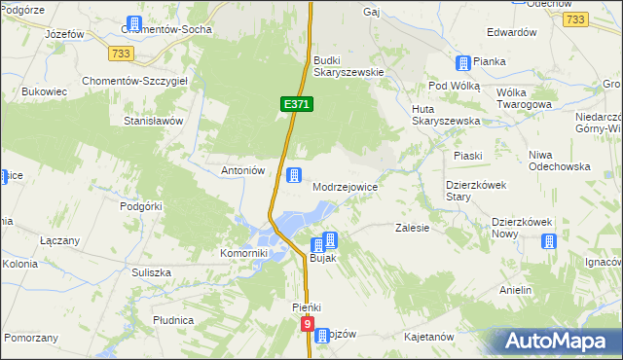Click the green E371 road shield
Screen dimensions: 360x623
[x=298, y=103]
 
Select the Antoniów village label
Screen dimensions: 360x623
[x=243, y=169]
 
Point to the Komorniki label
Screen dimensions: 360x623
[x=243, y=253]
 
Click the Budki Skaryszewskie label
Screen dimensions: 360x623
[x=349, y=66]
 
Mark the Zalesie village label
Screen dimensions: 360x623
[x=413, y=228]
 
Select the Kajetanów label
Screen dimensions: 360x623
[x=429, y=337]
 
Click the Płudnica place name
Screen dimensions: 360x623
[x=173, y=319]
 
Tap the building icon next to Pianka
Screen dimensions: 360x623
[x=463, y=62]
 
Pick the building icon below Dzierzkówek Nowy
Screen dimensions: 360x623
[x=549, y=241]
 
